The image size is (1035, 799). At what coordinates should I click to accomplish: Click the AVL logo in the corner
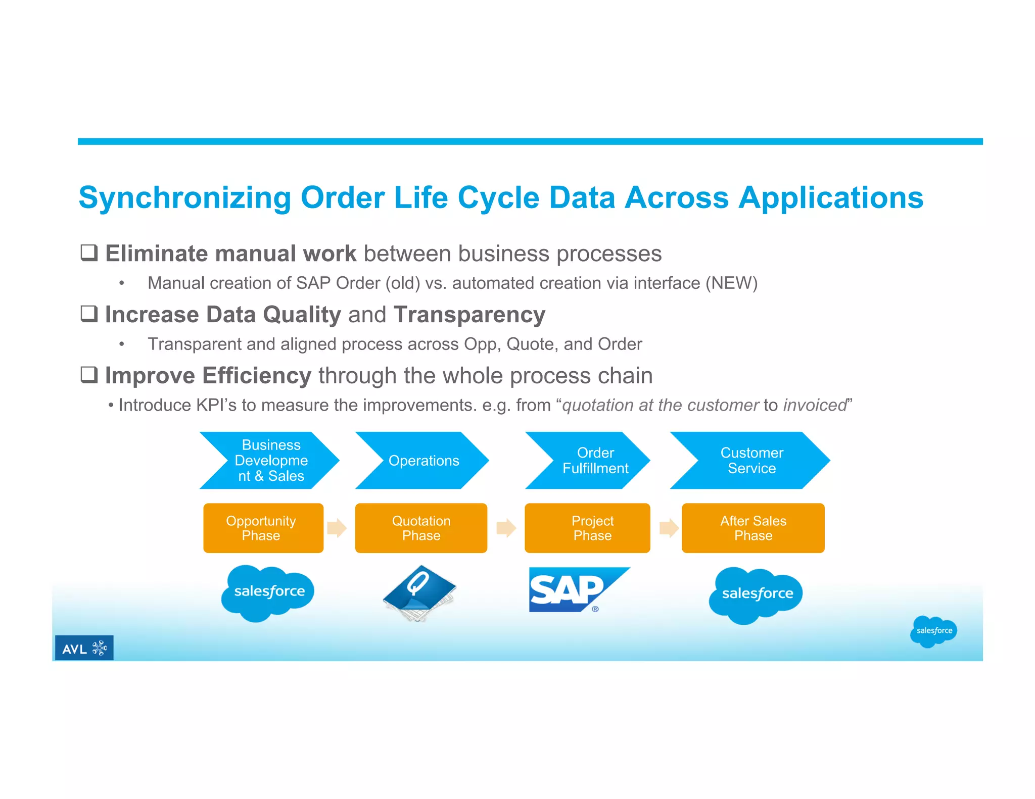84,647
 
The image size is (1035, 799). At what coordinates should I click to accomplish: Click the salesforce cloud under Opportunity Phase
268,592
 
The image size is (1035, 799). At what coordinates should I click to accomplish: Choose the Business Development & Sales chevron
270,461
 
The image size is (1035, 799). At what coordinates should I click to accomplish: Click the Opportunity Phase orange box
263,528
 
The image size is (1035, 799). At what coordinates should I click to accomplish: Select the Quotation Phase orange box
421,528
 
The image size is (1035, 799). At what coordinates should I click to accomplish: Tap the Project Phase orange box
587,528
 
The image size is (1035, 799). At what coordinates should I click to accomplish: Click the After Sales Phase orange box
753,528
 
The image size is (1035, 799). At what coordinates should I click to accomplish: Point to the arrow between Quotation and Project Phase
506,528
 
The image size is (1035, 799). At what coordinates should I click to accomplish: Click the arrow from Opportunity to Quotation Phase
337,528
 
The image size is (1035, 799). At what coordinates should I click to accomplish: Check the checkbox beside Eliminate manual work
89,253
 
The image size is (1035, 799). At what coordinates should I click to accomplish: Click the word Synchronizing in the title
184,197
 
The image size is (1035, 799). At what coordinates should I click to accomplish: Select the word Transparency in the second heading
469,315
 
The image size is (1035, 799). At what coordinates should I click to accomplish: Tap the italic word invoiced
815,405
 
